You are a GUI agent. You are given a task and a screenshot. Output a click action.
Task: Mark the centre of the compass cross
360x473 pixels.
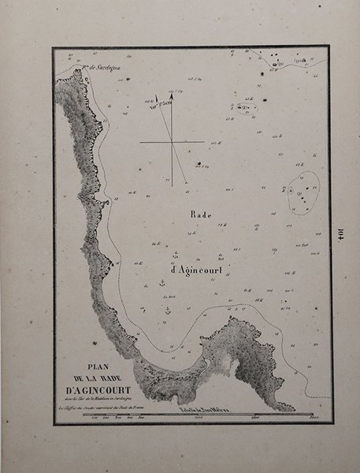click(172, 143)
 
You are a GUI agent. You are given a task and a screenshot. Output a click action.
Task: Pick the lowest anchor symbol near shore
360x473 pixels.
click(166, 311)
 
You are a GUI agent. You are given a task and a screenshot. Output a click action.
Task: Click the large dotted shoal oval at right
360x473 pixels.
click(302, 191)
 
